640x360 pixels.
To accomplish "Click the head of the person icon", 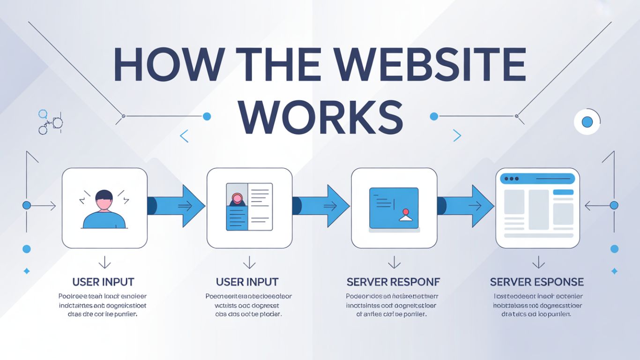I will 104,200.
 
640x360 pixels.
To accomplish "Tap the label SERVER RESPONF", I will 394,282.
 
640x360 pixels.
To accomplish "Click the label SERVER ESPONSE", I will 537,282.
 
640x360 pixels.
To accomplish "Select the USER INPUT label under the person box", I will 104,282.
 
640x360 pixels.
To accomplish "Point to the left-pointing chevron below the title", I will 184,136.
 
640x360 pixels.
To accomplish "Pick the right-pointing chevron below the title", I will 457,136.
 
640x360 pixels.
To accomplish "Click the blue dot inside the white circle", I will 587,122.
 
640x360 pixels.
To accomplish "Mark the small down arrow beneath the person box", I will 104,262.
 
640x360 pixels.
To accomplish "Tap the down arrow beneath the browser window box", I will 538,262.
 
